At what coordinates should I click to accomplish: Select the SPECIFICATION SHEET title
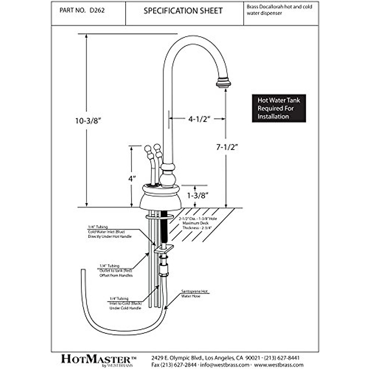183,11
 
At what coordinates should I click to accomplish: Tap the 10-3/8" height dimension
88,121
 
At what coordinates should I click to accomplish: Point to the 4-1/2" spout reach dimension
199,119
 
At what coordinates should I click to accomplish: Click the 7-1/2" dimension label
227,147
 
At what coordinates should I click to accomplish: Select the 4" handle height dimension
132,179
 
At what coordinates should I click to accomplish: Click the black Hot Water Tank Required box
279,108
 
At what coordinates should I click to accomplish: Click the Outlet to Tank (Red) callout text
116,271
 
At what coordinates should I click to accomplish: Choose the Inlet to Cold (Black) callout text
125,303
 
